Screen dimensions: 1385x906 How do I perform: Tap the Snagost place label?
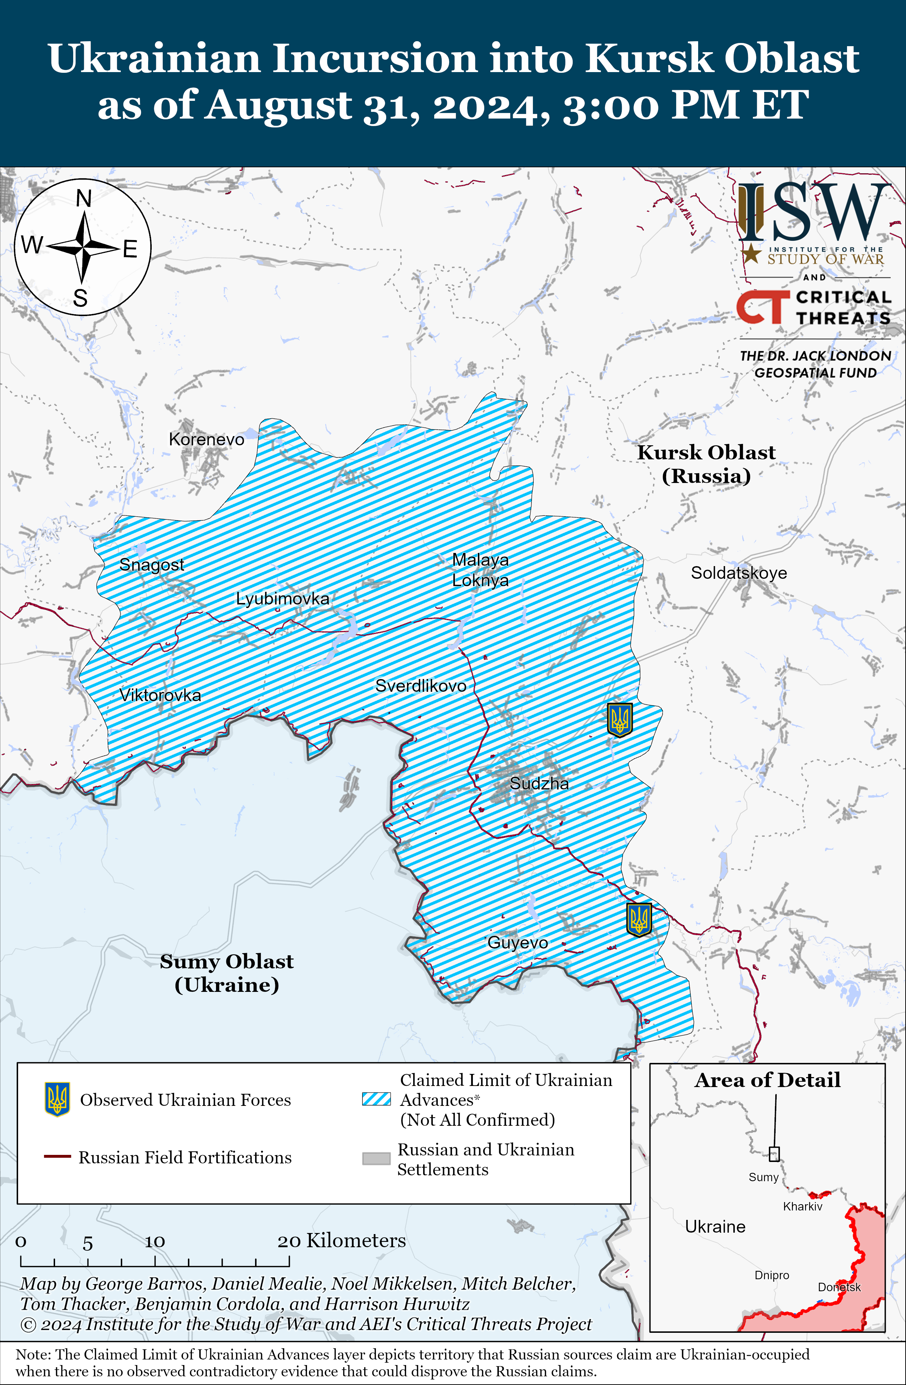tap(151, 564)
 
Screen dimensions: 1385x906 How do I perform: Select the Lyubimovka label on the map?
tap(282, 598)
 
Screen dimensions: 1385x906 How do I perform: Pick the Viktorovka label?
tap(160, 695)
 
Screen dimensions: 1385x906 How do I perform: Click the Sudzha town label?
tap(539, 783)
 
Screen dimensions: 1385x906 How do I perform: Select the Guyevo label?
tap(517, 943)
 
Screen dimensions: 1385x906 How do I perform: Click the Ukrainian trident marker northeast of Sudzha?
tap(620, 720)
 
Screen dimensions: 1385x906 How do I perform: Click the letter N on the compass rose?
tap(84, 199)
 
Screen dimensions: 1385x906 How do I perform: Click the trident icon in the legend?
tap(57, 1099)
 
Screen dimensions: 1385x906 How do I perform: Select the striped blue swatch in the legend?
tap(376, 1099)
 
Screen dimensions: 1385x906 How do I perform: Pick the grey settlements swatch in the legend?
tap(376, 1159)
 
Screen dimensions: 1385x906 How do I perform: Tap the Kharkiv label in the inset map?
tap(802, 1206)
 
